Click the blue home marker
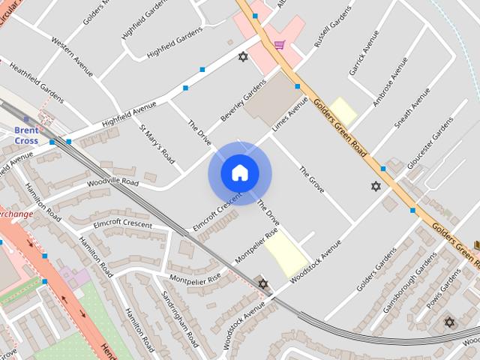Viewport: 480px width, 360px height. coord(239,172)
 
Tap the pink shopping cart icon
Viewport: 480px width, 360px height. coord(279,45)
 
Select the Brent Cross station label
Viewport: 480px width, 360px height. coord(26,135)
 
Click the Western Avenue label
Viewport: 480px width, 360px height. coord(71,56)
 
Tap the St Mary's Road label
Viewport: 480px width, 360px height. coord(157,143)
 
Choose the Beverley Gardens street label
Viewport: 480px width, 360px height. coord(243,102)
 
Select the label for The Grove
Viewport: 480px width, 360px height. coord(311,180)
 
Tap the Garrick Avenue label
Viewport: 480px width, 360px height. coord(359,53)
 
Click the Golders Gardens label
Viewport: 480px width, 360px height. coord(376,270)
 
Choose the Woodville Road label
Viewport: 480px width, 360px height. coord(112,182)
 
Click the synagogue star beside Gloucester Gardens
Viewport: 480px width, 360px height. coord(376,186)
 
